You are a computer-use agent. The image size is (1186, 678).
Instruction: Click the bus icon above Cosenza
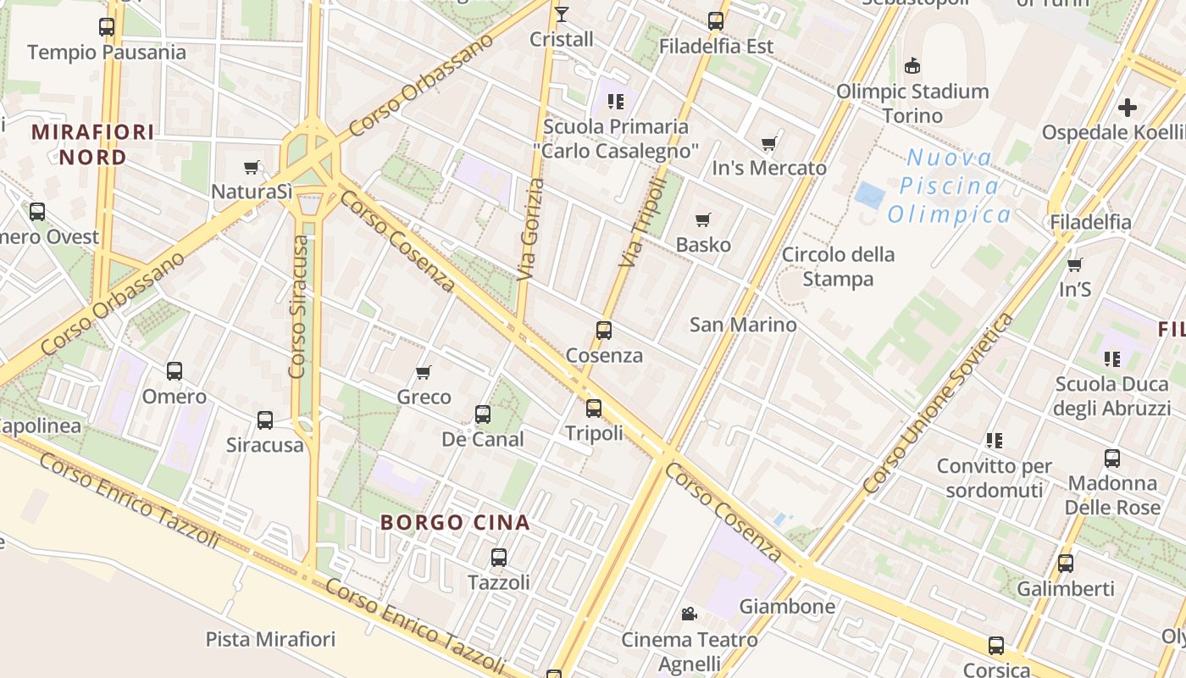click(x=604, y=331)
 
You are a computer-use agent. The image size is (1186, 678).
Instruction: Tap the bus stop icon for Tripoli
click(x=594, y=408)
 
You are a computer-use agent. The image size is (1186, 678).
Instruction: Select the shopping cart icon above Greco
click(x=424, y=372)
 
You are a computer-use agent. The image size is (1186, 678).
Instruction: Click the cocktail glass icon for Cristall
click(x=561, y=14)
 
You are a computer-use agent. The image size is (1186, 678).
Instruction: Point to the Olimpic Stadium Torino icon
click(x=912, y=65)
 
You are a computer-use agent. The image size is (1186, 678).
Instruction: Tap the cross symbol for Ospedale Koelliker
click(x=1127, y=108)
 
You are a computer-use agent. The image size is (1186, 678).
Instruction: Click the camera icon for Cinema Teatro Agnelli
click(x=689, y=614)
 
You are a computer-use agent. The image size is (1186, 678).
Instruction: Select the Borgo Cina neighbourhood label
click(x=456, y=522)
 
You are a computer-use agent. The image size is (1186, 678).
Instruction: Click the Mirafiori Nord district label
click(x=93, y=144)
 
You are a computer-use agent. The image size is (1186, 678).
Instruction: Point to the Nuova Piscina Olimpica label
click(x=949, y=186)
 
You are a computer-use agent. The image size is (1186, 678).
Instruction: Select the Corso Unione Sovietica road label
click(x=937, y=404)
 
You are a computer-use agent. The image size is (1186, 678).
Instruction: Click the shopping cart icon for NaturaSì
click(x=251, y=168)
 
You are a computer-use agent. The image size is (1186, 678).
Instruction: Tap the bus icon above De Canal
click(x=483, y=414)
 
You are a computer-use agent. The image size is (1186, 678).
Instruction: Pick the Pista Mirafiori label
click(x=271, y=639)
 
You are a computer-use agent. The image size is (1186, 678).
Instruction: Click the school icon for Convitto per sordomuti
click(x=995, y=441)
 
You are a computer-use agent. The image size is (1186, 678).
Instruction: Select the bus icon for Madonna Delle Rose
click(x=1112, y=458)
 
